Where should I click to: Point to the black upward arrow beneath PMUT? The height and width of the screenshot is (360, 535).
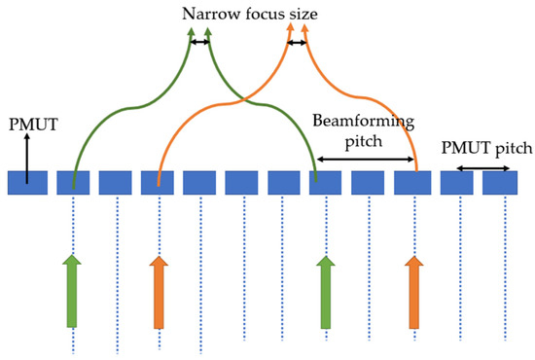point(27,158)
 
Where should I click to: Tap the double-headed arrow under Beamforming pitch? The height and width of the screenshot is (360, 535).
point(364,160)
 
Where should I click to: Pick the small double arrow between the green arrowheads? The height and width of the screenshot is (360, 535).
point(199,42)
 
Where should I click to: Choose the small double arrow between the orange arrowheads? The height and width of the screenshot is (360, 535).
point(298,42)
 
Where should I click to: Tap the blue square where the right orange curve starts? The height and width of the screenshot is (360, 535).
point(413,182)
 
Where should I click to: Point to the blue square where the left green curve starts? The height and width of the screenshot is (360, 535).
point(73,182)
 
